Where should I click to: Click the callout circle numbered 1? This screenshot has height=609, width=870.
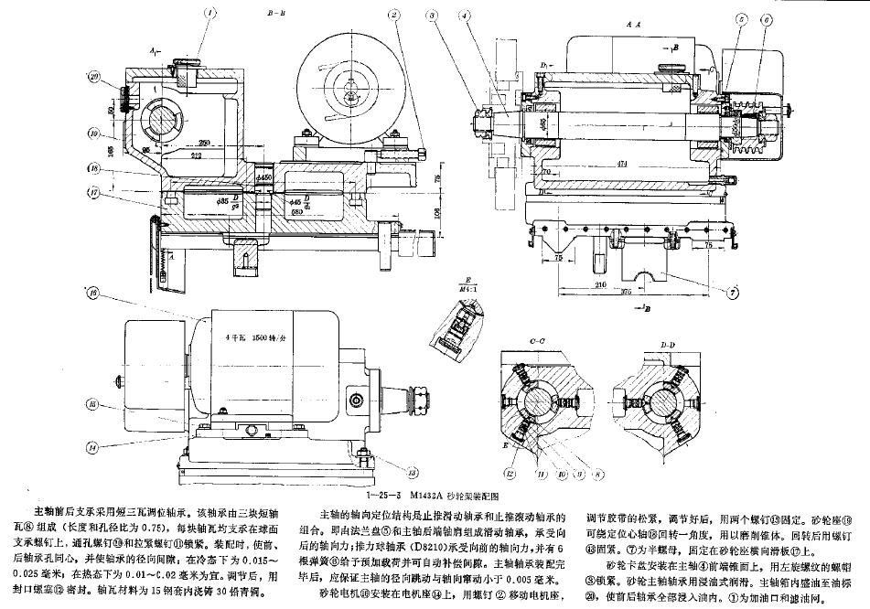tap(209, 14)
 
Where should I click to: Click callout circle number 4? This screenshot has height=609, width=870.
tap(466, 15)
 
